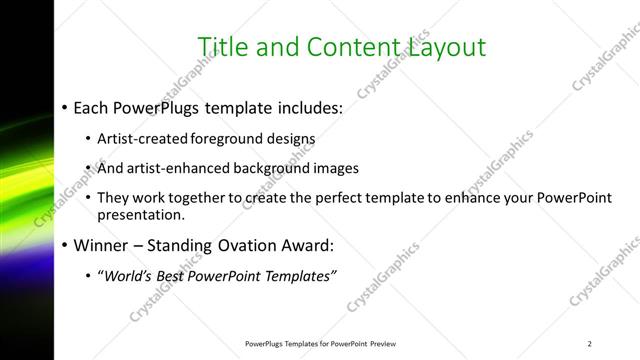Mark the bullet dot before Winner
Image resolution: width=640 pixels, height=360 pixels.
coord(65,244)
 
